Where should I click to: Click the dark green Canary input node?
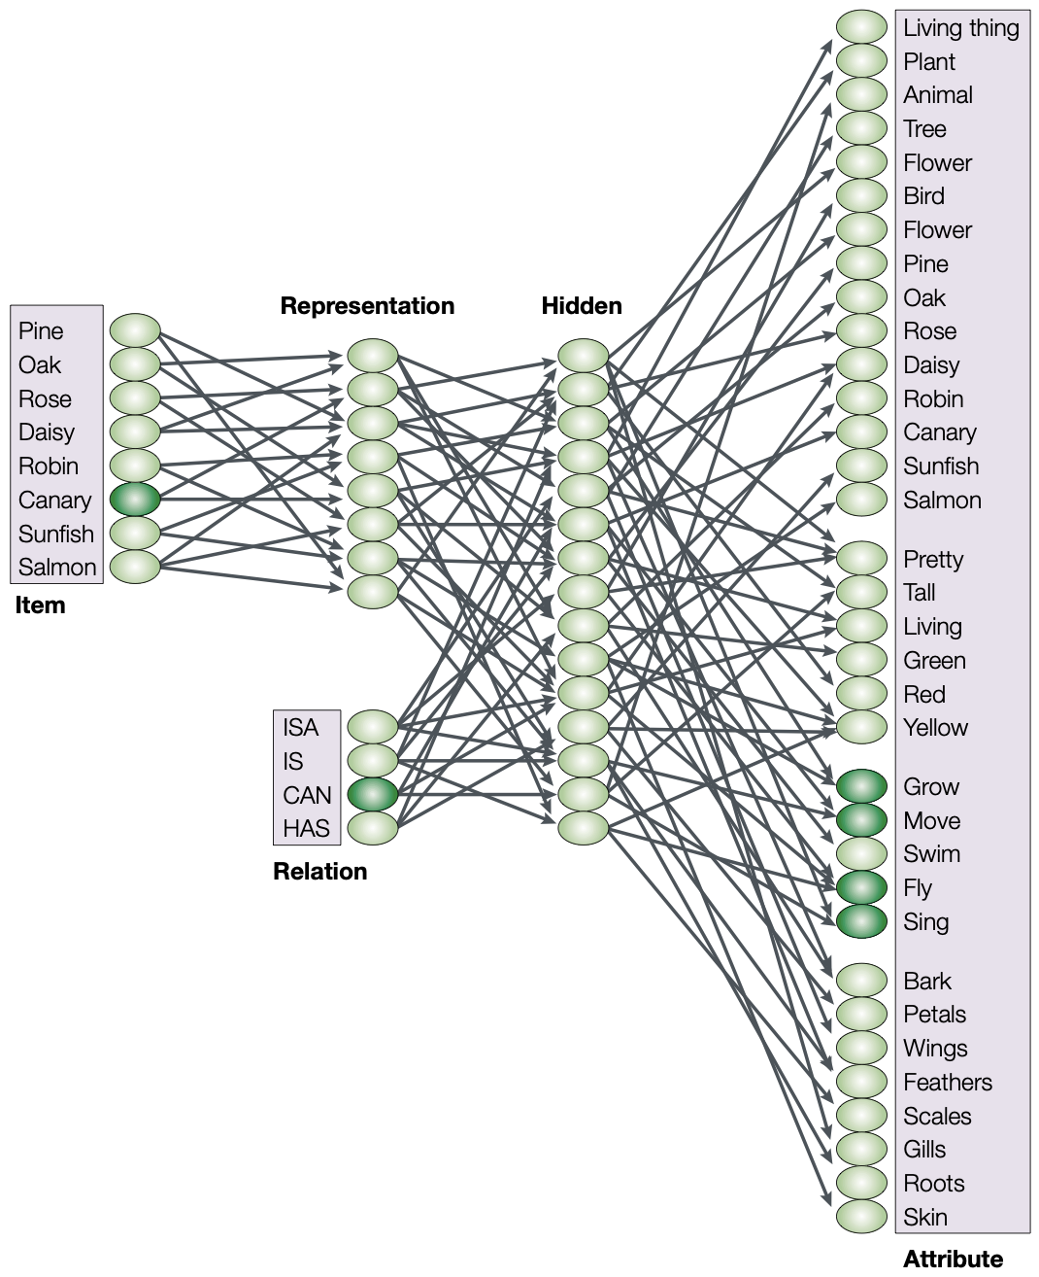135,500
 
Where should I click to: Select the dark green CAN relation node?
373,794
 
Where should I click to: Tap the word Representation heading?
367,306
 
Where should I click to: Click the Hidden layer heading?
582,306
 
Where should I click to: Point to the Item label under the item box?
40,604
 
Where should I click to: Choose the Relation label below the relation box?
319,871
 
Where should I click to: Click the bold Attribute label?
953,1259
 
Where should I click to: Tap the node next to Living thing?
861,26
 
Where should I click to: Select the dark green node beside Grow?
861,786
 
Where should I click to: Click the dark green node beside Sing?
861,921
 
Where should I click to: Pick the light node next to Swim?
861,853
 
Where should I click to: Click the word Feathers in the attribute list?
948,1083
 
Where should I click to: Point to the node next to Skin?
861,1217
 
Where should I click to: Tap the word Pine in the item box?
41,331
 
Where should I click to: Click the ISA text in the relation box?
300,727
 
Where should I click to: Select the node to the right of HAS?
373,828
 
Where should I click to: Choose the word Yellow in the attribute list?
935,727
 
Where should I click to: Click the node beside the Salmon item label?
135,567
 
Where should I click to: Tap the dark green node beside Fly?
861,888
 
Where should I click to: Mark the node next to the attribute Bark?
861,981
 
